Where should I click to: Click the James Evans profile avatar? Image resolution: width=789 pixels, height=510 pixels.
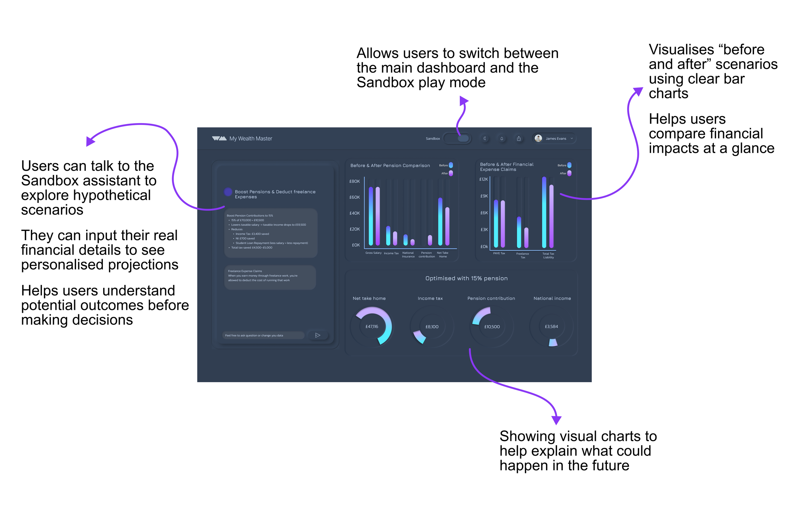(538, 139)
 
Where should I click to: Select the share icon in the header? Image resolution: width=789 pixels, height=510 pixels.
(519, 139)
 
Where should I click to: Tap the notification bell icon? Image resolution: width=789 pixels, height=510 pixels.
(501, 139)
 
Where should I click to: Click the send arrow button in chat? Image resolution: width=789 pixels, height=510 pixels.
(317, 335)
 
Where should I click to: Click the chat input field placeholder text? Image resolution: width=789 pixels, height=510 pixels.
(254, 335)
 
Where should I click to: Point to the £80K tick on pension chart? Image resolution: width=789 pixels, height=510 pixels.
(354, 181)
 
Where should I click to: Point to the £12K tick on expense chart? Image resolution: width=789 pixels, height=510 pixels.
(483, 180)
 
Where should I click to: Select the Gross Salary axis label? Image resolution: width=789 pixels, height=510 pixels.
(373, 253)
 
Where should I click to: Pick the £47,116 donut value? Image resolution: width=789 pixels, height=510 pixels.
(371, 327)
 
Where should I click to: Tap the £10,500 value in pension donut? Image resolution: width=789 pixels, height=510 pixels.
(492, 327)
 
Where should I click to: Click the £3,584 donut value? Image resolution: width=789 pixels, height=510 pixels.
(551, 327)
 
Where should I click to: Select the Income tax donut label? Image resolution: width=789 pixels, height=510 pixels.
(430, 298)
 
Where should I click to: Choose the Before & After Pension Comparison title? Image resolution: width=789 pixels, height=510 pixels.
(390, 166)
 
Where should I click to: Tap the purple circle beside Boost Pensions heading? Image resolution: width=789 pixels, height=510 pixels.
(228, 192)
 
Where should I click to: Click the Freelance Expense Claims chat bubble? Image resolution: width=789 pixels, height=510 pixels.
(270, 277)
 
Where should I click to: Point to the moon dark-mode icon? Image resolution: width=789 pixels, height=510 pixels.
(485, 139)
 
